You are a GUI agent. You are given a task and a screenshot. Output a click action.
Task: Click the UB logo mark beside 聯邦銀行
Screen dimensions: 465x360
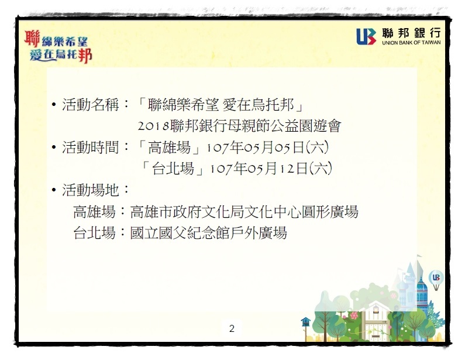pyautogui.click(x=366, y=36)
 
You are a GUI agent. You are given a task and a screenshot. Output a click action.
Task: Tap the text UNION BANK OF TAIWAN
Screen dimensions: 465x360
pyautogui.click(x=411, y=43)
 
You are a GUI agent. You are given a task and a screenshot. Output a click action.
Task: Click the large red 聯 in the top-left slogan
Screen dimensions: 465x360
pyautogui.click(x=32, y=38)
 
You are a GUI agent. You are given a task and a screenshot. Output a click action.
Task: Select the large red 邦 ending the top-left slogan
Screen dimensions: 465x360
pyautogui.click(x=85, y=55)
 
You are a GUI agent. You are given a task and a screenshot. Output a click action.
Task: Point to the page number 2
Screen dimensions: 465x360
pyautogui.click(x=232, y=328)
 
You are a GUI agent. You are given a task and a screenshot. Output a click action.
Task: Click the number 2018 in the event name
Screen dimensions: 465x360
pyautogui.click(x=154, y=126)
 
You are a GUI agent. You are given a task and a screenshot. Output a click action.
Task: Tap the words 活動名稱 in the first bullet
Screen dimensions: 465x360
pyautogui.click(x=91, y=105)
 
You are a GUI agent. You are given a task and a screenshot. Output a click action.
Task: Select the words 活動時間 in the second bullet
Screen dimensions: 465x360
pyautogui.click(x=91, y=148)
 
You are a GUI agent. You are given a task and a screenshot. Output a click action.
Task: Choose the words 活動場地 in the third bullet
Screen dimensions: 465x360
pyautogui.click(x=91, y=190)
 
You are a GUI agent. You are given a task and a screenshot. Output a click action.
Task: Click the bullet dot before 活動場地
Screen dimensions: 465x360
pyautogui.click(x=54, y=190)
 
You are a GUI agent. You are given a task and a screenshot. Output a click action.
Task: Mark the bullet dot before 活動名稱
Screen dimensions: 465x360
pyautogui.click(x=54, y=105)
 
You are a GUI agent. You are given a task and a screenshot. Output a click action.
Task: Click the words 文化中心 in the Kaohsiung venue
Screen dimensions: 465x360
pyautogui.click(x=273, y=211)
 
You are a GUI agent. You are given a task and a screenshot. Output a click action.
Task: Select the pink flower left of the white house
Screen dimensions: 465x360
pyautogui.click(x=354, y=315)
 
